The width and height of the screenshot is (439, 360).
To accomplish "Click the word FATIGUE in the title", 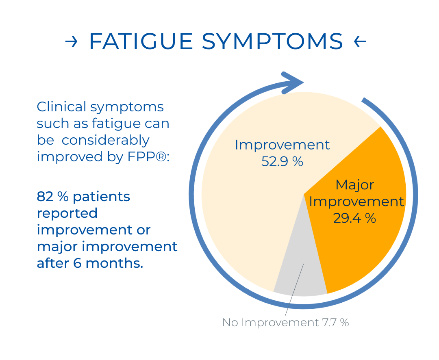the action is [141, 41].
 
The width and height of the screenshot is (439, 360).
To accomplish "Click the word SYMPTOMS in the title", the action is [272, 41].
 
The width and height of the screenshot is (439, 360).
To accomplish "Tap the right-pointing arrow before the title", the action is [71, 42].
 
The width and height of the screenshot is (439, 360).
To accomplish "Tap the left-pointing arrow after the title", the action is [360, 42].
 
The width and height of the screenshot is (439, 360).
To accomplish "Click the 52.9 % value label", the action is [282, 162].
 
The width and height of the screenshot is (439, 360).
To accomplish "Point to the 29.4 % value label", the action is [354, 218].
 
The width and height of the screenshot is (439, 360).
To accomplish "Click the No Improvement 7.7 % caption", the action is [286, 323].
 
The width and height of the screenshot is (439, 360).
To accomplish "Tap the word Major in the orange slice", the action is [355, 185].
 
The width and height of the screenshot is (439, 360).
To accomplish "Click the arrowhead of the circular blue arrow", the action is [293, 83].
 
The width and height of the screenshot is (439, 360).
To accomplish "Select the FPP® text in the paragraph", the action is [147, 156].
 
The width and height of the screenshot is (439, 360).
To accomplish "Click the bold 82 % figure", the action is [52, 197].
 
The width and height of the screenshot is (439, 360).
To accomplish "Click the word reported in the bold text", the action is [67, 214].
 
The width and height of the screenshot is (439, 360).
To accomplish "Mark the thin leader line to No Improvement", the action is [294, 290].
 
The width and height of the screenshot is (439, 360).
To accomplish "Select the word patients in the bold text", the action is [101, 197].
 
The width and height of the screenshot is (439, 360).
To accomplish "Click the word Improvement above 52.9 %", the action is [282, 145].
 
